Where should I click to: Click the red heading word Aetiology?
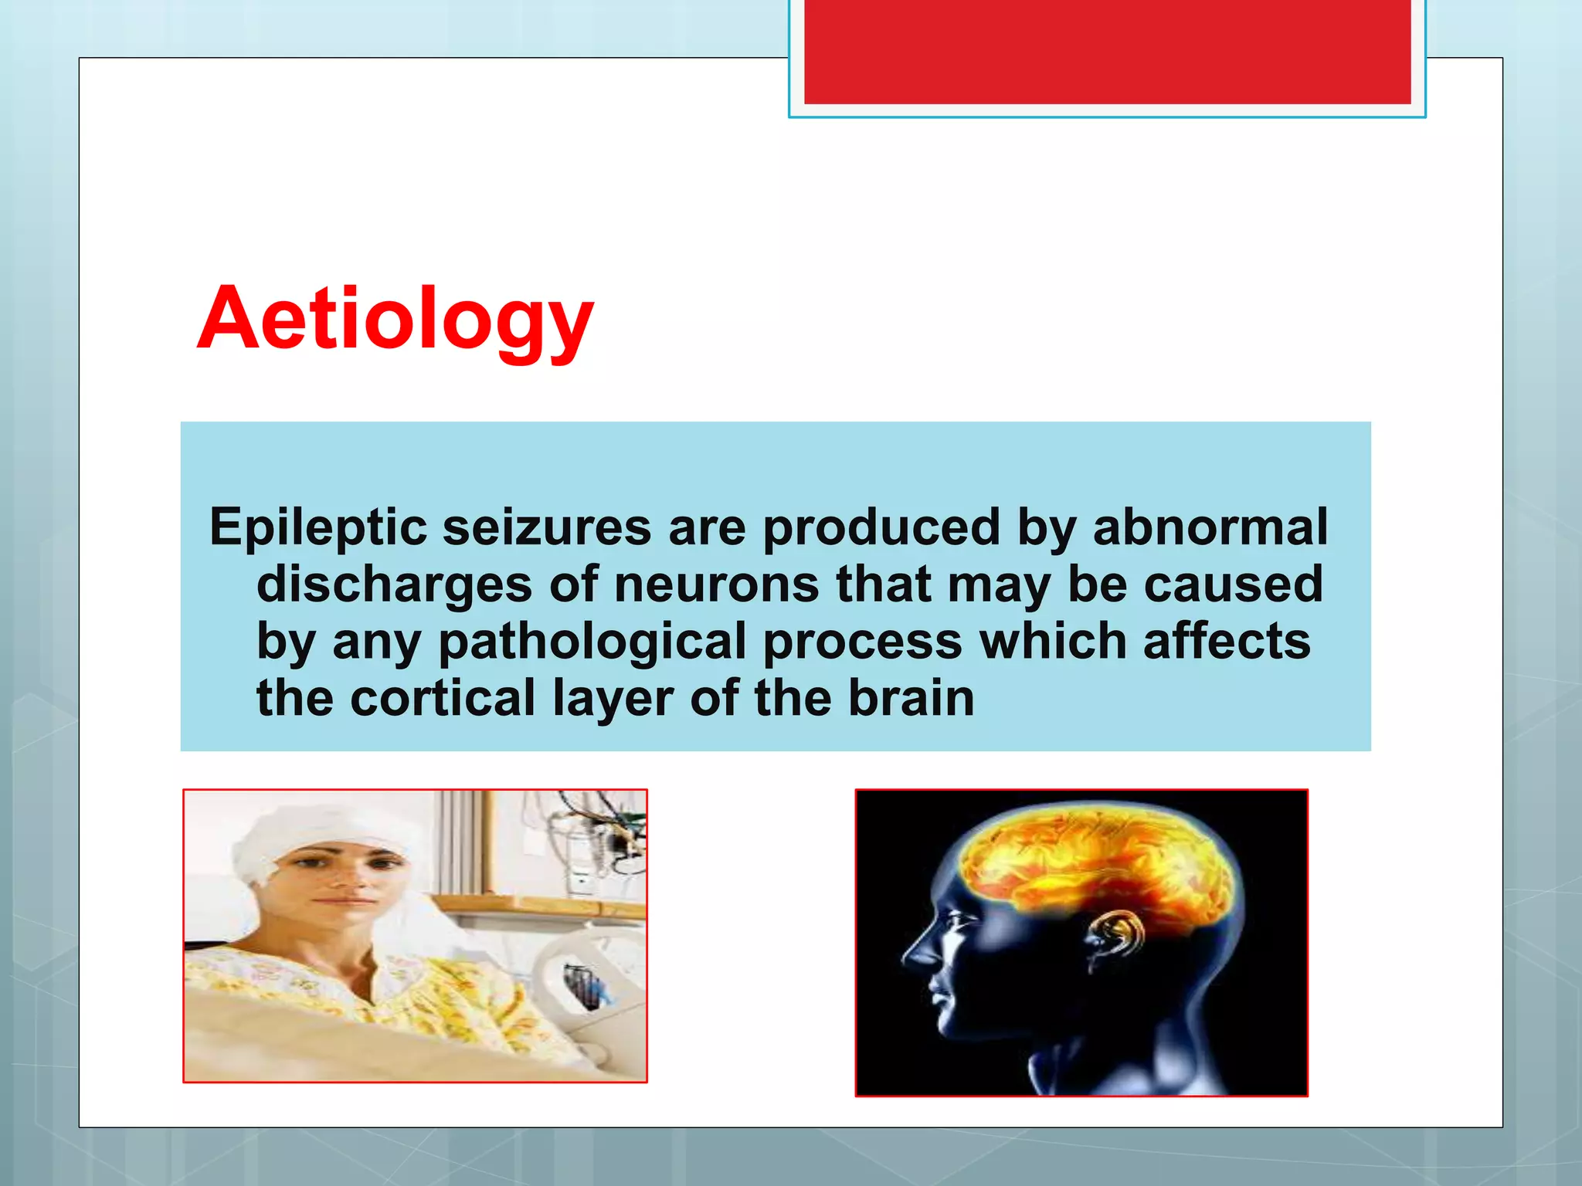[395, 319]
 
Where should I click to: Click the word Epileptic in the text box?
[317, 527]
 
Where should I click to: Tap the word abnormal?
[1210, 527]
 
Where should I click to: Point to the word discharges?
[394, 585]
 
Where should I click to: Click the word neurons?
[716, 585]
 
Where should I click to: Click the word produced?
[881, 527]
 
